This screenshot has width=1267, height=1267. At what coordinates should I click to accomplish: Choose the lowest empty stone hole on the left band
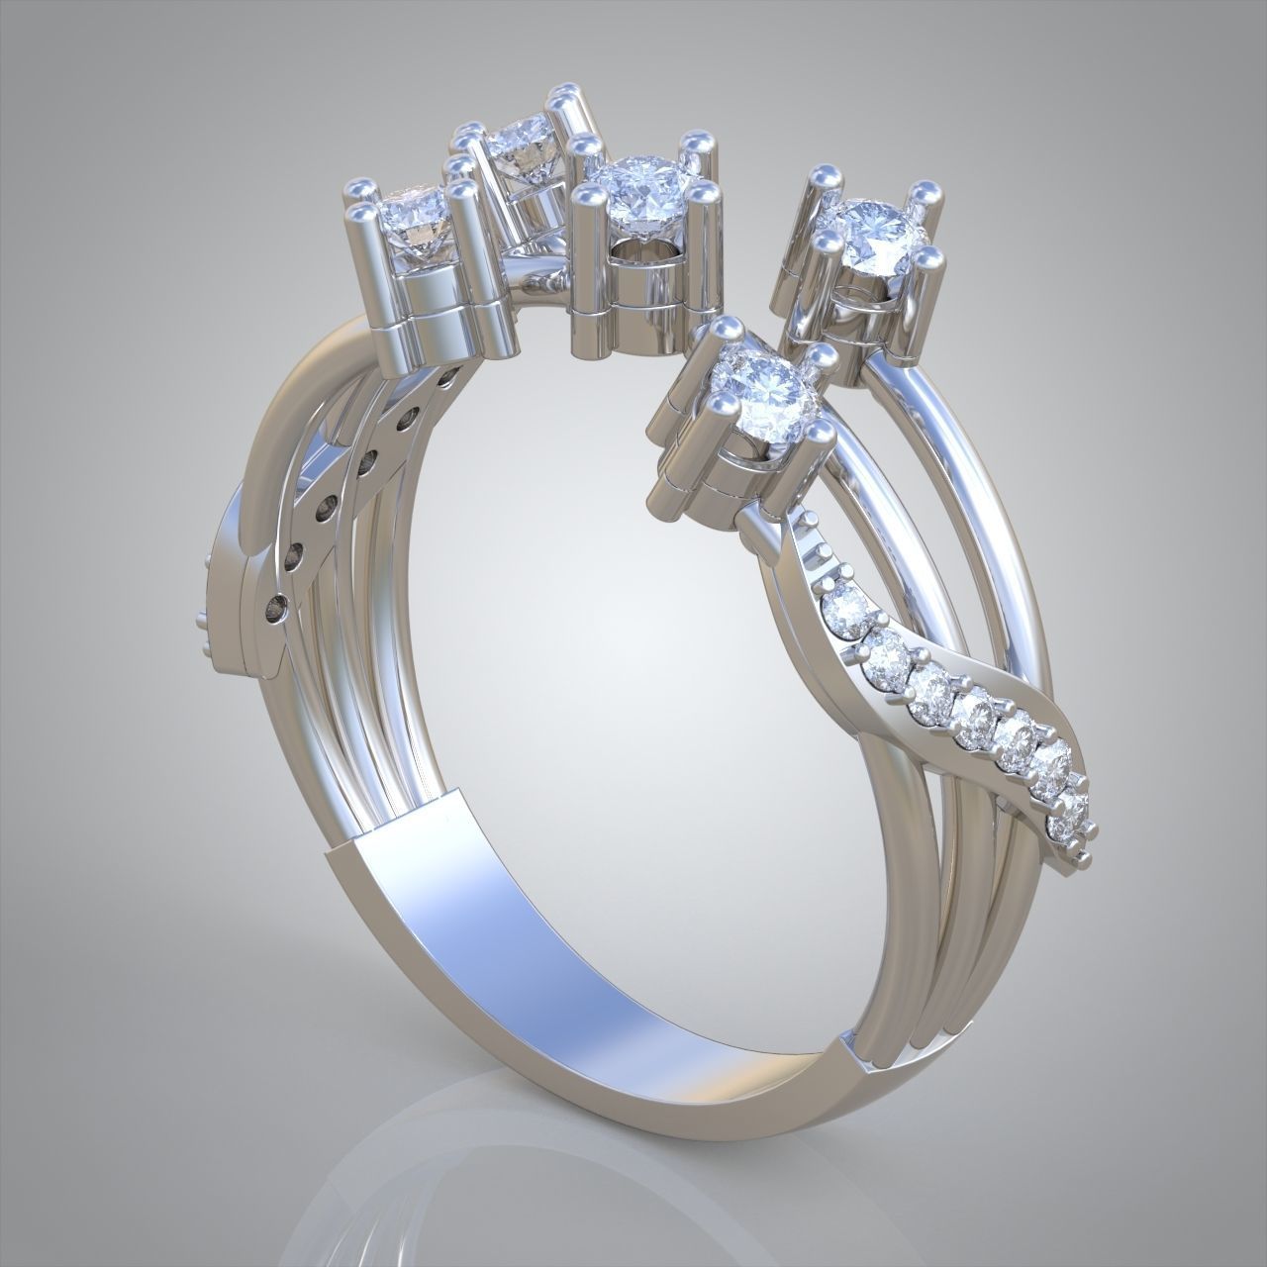click(x=280, y=603)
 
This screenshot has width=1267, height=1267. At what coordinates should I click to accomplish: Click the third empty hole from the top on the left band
click(x=368, y=461)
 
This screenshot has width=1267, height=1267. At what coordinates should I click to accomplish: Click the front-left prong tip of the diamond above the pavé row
click(x=717, y=404)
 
